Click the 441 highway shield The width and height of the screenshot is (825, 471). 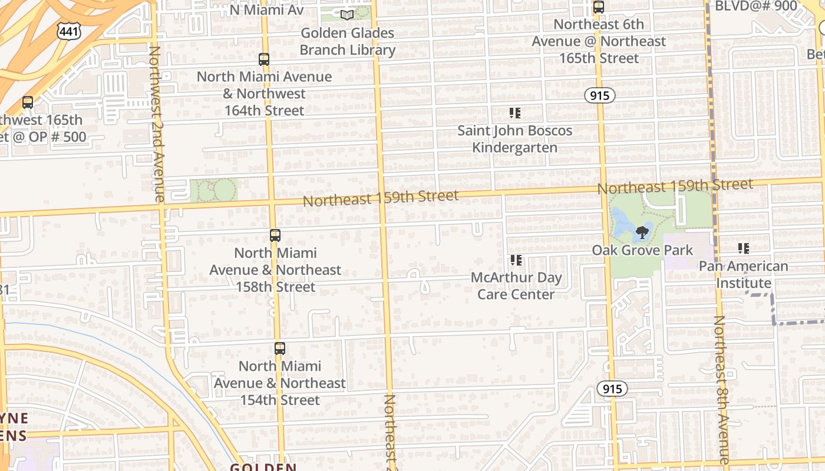click(x=69, y=32)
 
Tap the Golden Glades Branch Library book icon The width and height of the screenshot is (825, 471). click(x=347, y=15)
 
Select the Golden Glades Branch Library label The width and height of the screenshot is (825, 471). click(x=347, y=41)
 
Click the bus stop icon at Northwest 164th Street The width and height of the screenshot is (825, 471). click(x=264, y=59)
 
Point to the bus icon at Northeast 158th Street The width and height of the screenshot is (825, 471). click(x=275, y=235)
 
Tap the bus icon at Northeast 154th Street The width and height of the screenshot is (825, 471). click(x=280, y=349)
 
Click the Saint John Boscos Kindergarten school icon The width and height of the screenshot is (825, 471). click(x=515, y=112)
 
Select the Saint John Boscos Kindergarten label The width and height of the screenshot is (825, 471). click(x=515, y=138)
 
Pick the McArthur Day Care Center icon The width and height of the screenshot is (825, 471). click(x=516, y=260)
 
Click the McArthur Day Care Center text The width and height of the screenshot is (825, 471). click(x=516, y=286)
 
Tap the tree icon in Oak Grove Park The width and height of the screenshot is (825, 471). click(x=642, y=233)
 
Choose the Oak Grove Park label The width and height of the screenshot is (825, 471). click(x=642, y=250)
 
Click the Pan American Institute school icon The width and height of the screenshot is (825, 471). click(x=744, y=248)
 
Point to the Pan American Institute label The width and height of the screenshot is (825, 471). click(x=744, y=274)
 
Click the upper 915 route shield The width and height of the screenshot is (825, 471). click(x=600, y=95)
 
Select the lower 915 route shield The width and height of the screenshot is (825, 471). click(x=612, y=389)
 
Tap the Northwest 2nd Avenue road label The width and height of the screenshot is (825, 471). click(x=157, y=124)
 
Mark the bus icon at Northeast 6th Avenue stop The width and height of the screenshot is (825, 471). click(x=599, y=7)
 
